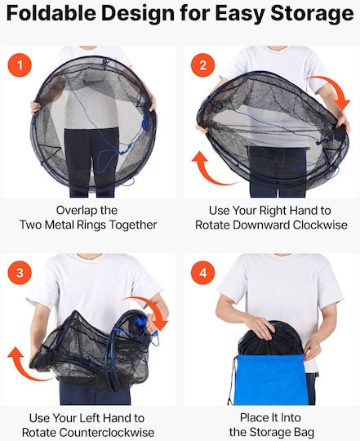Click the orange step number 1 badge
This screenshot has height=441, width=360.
(x=20, y=65)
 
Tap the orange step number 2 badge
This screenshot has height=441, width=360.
(x=202, y=65)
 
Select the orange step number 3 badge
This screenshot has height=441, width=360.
(x=20, y=273)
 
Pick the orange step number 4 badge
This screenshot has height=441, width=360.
(x=202, y=273)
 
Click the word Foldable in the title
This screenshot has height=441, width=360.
(x=51, y=14)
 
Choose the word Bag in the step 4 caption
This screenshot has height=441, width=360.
(x=304, y=432)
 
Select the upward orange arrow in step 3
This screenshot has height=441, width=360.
(x=24, y=367)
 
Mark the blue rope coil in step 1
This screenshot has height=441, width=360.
(x=145, y=122)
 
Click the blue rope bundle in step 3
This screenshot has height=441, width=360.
(x=141, y=321)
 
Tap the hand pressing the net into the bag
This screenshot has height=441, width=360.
(x=259, y=327)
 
